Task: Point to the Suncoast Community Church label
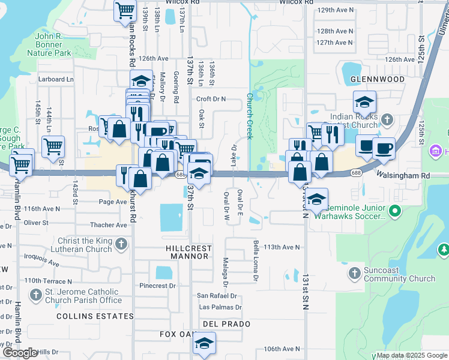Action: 399,274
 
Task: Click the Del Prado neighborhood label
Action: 217,323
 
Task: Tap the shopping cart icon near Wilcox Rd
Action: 125,10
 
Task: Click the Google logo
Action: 20,353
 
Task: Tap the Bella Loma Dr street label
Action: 255,261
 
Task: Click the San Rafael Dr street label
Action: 217,296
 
